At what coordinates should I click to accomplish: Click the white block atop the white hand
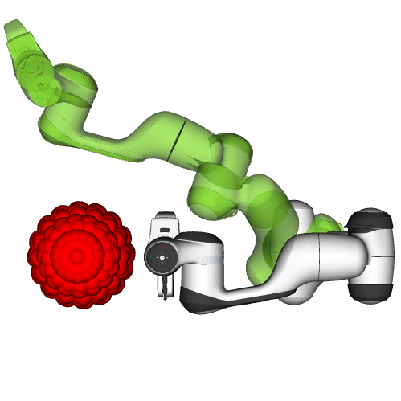[164, 221]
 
